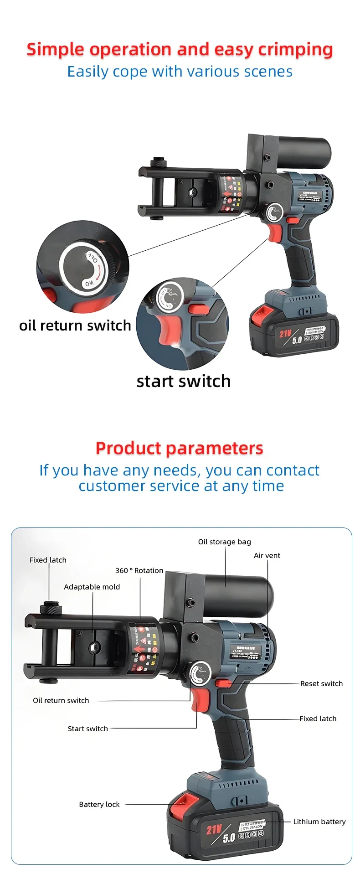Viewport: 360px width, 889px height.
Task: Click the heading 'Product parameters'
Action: pos(179,448)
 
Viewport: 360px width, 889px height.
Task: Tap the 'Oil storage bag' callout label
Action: pos(224,542)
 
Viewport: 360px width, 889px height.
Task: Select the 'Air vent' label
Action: pos(267,555)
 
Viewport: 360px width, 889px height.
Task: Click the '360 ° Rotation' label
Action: pos(139,570)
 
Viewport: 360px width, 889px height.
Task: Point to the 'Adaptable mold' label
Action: pos(92,587)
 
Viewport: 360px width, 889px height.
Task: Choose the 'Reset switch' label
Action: pos(321,683)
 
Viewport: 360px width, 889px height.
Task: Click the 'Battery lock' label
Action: pos(99,804)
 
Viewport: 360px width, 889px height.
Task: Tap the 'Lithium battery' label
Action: pos(319,822)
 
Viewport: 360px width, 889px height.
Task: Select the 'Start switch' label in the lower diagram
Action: pos(87,729)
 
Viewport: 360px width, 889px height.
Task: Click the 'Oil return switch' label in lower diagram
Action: pos(61,700)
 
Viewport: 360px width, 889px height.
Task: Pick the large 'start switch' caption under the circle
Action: pos(183,381)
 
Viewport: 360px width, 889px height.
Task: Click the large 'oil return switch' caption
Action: pos(75,326)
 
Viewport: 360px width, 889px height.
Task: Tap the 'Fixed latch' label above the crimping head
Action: pos(48,560)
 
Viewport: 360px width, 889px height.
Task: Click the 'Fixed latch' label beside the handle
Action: pos(318,718)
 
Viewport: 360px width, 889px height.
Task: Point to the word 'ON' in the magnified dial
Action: pos(89,283)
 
